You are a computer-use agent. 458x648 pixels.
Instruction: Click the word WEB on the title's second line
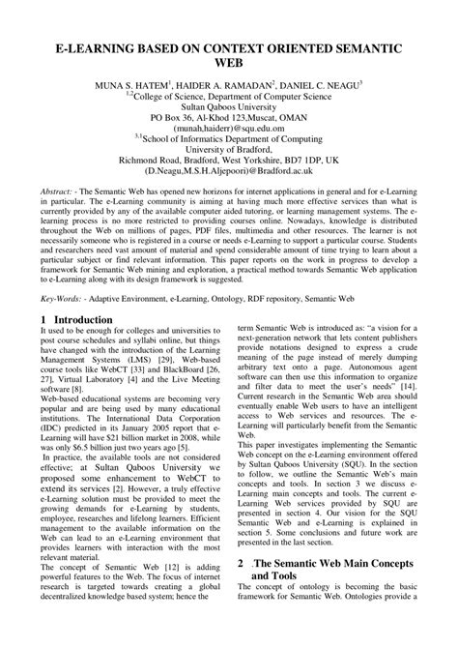click(229, 65)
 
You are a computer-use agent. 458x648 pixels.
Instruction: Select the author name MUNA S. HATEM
click(139, 87)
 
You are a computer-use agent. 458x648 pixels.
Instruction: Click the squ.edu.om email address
click(229, 128)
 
